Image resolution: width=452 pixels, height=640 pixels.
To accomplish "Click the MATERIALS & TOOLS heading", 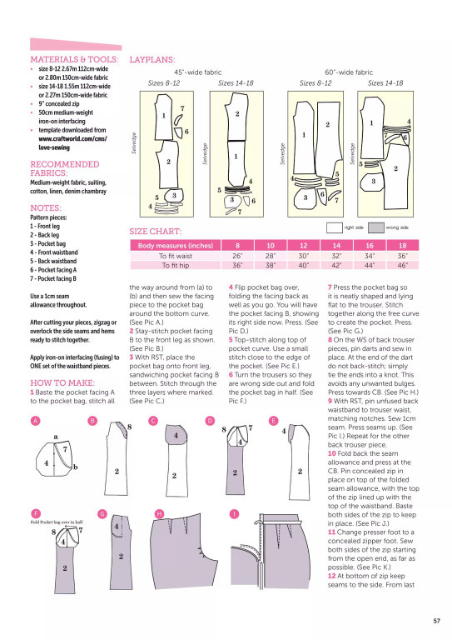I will [73, 60].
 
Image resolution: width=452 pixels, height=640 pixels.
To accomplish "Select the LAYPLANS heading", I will [152, 60].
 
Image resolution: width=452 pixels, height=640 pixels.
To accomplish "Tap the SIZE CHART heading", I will [156, 231].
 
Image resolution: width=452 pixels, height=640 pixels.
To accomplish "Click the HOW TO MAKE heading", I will [60, 382].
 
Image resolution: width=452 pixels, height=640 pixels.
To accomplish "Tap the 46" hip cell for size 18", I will [403, 266].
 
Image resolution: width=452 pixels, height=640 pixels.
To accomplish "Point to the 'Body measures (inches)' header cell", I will [176, 246].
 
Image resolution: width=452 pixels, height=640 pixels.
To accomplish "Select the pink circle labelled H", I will [159, 513].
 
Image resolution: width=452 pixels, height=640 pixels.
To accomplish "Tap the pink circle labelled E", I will [274, 422].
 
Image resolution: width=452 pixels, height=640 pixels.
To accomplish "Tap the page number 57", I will [436, 620].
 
